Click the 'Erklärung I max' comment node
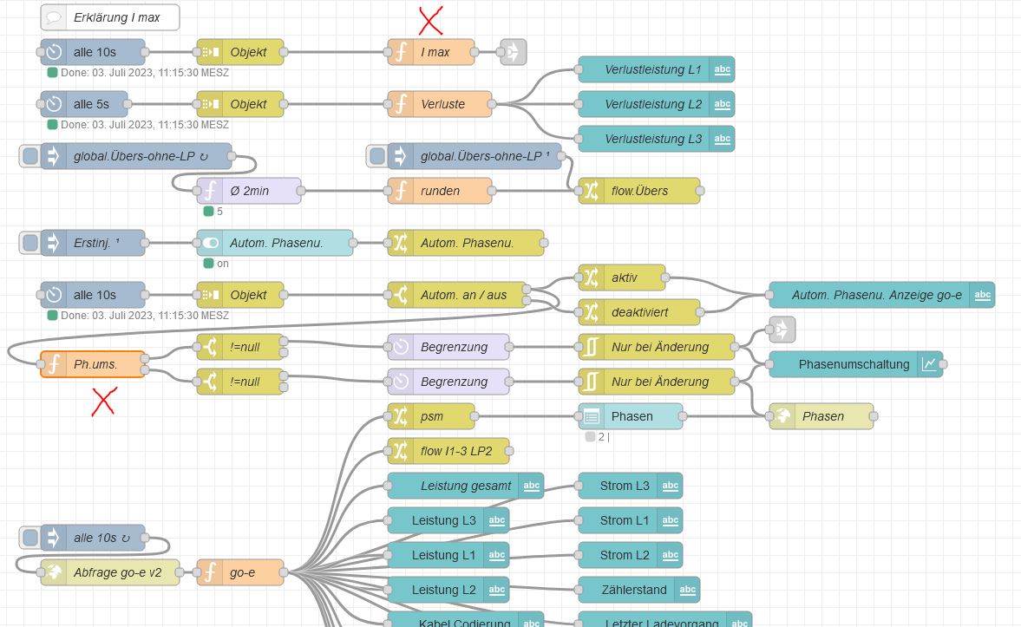point(109,17)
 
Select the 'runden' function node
point(440,191)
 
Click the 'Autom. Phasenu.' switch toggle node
point(275,243)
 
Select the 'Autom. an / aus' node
point(461,295)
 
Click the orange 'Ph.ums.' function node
point(93,364)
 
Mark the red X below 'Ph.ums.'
point(105,402)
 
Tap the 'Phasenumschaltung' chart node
point(855,364)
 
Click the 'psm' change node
point(431,416)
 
